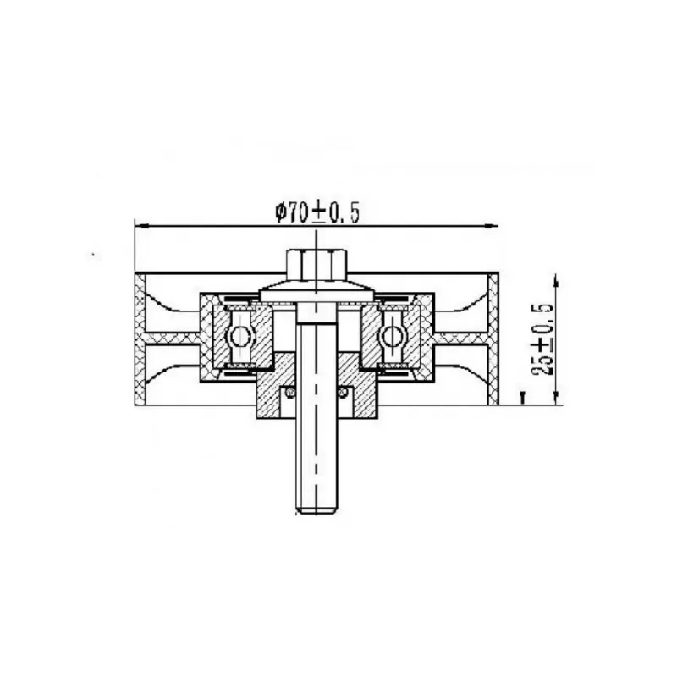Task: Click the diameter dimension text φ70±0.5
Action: [x=317, y=213]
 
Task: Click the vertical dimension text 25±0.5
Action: [x=542, y=339]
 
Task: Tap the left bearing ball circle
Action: [x=239, y=336]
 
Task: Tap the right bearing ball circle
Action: [x=393, y=336]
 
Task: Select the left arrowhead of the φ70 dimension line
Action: [x=141, y=225]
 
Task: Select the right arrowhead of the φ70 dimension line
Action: [x=492, y=225]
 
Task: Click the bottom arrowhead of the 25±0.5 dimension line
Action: [x=556, y=398]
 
